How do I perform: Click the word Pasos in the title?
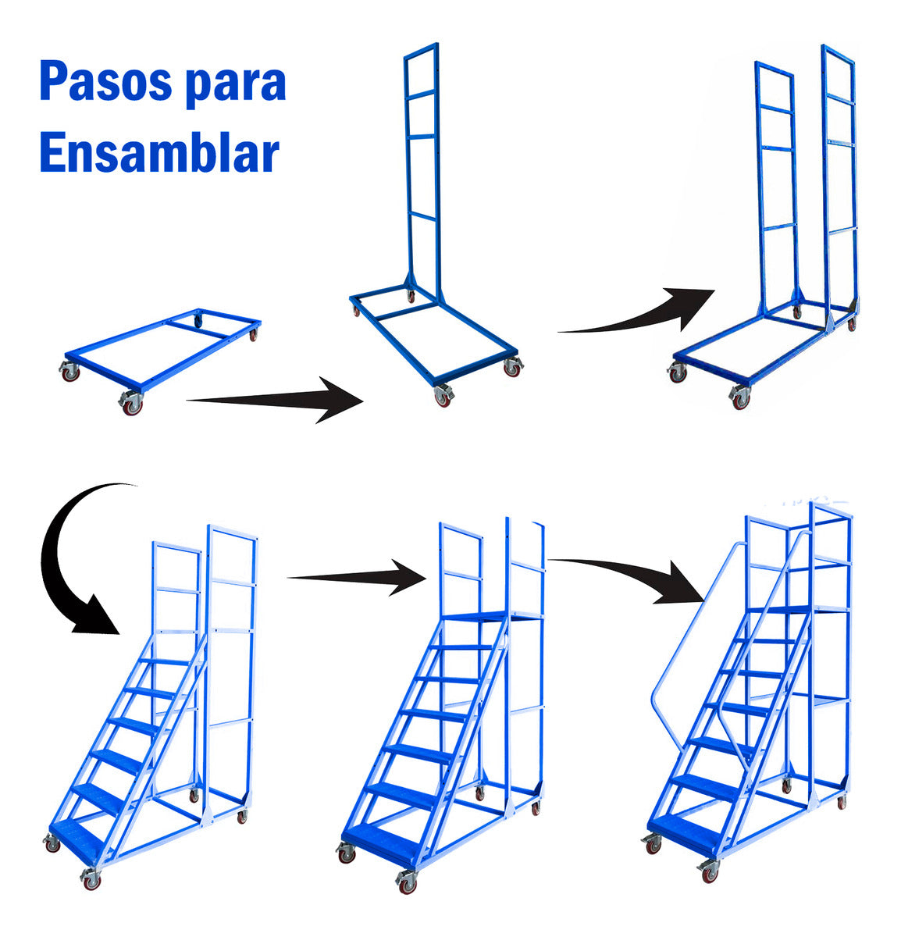tap(106, 83)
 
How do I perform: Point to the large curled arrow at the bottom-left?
tap(74, 554)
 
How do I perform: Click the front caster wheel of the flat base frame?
tap(130, 404)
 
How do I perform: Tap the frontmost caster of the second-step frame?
tap(443, 397)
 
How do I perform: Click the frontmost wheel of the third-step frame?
tap(739, 399)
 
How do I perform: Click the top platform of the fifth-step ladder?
tap(488, 618)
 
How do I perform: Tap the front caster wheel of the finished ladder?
tap(709, 871)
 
